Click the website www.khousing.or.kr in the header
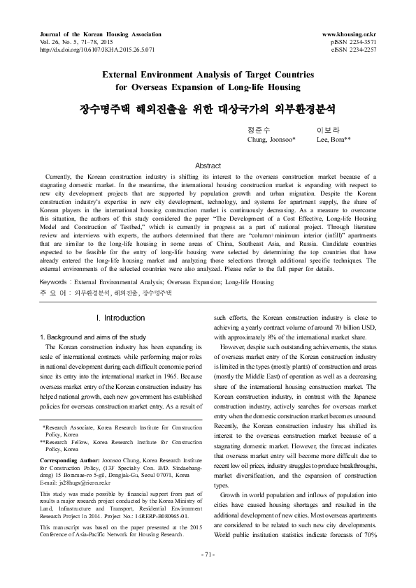pyautogui.click(x=349, y=34)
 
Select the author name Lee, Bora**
pyautogui.click(x=333, y=140)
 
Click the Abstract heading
pyautogui.click(x=208, y=166)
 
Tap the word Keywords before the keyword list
pyautogui.click(x=57, y=282)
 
